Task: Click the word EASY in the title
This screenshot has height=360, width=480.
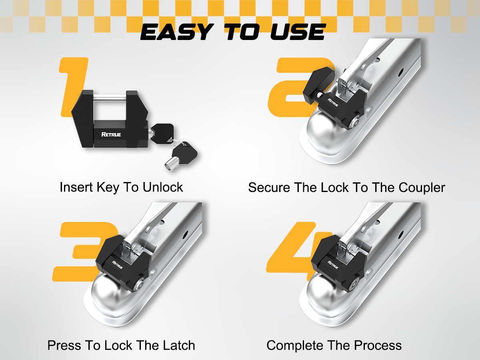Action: [177, 32]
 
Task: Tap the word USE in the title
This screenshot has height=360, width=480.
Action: [298, 32]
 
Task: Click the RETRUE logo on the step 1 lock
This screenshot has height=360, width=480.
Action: [111, 134]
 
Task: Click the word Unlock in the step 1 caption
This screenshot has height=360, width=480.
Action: [163, 187]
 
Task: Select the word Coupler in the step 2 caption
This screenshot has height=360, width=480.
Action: [422, 188]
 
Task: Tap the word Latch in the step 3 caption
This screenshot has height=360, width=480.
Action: [179, 345]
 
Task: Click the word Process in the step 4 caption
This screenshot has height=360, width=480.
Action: [378, 345]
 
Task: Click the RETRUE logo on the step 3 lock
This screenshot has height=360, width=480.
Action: [118, 265]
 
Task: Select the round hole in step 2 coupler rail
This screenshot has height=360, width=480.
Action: [401, 72]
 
